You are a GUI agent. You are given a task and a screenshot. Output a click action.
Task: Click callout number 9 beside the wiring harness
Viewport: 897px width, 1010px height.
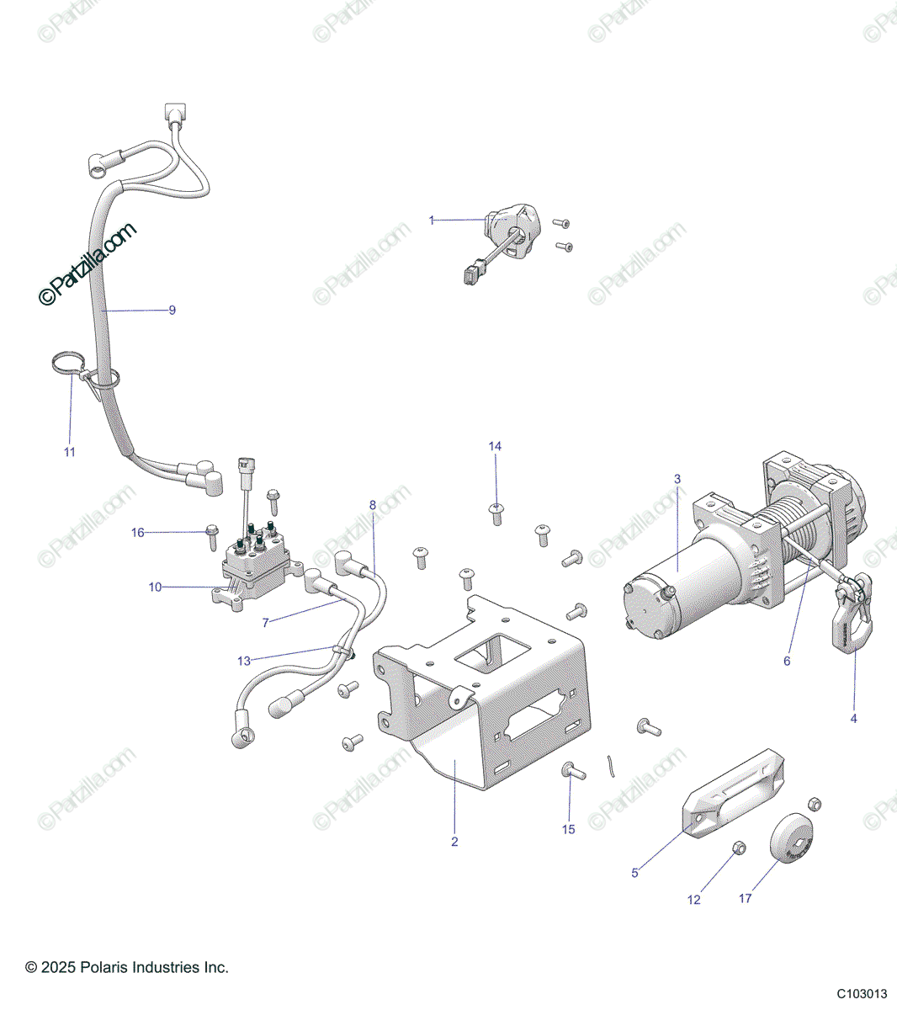click(172, 311)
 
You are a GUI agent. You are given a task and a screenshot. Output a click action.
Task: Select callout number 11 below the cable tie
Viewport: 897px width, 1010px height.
click(70, 452)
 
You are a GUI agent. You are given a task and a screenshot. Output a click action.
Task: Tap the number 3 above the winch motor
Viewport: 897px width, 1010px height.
click(677, 479)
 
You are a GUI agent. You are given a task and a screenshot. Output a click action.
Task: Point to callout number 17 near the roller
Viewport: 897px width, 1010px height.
click(746, 899)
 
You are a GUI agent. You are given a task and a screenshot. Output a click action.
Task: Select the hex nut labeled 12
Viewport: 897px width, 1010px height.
click(737, 848)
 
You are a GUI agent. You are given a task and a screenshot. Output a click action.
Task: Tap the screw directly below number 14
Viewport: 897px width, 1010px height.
click(496, 511)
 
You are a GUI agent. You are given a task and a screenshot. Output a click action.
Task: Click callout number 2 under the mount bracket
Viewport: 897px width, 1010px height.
click(454, 842)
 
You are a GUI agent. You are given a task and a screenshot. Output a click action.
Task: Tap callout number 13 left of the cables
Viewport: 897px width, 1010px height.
click(244, 661)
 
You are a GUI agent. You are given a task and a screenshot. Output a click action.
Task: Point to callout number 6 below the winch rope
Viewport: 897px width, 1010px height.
click(787, 661)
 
